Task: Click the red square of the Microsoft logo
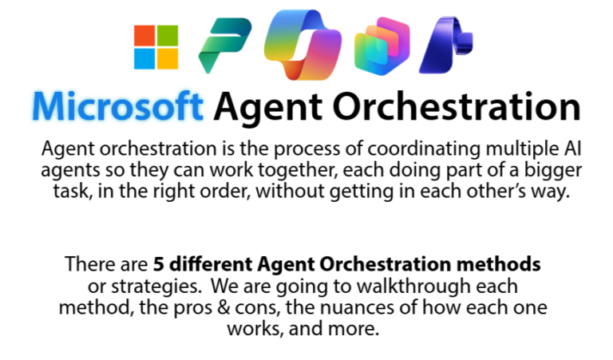(x=144, y=35)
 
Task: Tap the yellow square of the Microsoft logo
(x=167, y=57)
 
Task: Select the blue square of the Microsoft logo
(x=144, y=57)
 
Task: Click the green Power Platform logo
(x=223, y=45)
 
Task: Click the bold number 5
(x=158, y=264)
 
